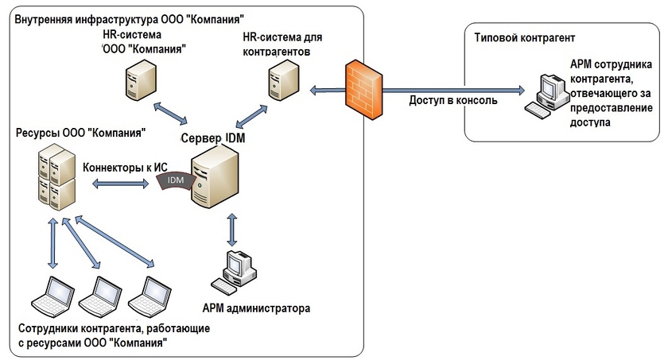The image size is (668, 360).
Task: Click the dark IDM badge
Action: (175, 182)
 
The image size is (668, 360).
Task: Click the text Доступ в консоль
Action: (452, 102)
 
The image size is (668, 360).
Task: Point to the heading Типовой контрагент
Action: (523, 37)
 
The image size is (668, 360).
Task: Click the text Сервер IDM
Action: (214, 138)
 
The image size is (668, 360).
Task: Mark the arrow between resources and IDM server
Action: (121, 184)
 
